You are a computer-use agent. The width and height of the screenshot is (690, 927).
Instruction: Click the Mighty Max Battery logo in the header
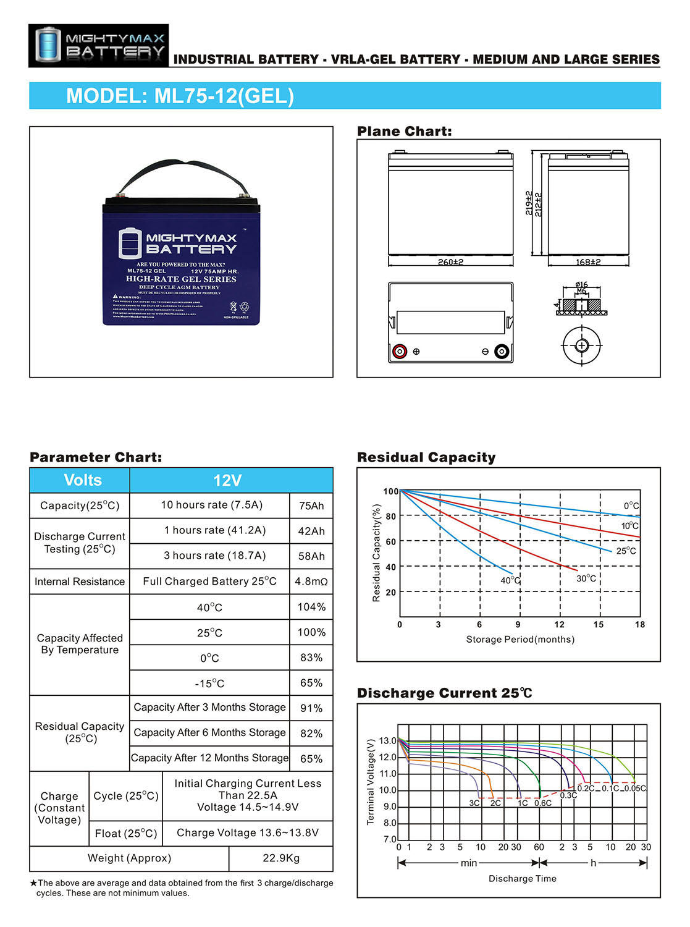(x=99, y=46)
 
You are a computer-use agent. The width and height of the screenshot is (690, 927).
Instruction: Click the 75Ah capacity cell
(x=311, y=506)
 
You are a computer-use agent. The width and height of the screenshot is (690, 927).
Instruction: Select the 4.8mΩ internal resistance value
(x=311, y=582)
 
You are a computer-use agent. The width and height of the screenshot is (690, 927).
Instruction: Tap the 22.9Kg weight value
(x=281, y=858)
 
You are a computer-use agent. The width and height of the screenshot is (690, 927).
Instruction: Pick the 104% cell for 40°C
(x=311, y=607)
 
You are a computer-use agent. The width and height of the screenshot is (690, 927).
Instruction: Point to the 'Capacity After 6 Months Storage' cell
(x=210, y=733)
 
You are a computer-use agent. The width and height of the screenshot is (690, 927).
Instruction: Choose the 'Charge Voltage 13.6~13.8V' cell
(x=248, y=833)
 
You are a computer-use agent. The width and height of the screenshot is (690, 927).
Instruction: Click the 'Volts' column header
(x=83, y=480)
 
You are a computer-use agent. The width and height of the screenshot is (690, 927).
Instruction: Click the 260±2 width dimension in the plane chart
(x=450, y=262)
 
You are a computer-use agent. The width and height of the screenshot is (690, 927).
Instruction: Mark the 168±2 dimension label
(x=588, y=262)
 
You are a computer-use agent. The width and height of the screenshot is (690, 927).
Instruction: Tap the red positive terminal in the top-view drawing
(x=399, y=352)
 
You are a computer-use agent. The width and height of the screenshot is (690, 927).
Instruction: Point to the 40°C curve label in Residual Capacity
(x=510, y=581)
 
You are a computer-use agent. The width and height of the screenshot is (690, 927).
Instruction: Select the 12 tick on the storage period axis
(x=559, y=625)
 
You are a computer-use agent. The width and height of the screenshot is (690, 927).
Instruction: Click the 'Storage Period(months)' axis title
(x=520, y=640)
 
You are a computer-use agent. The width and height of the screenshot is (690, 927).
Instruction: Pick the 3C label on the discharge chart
(x=474, y=803)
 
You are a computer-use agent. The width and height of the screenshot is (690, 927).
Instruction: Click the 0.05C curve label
(x=635, y=789)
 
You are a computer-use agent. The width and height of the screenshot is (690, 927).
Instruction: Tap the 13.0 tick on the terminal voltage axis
(x=388, y=740)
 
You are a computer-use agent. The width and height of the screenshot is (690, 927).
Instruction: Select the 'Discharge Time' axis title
(x=523, y=879)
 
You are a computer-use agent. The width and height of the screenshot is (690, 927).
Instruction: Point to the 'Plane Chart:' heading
(x=405, y=132)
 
